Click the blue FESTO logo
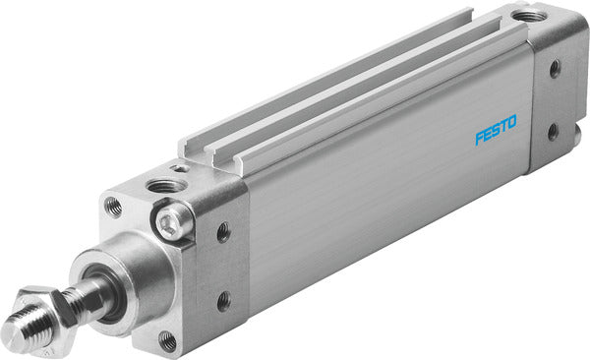click(x=501, y=131)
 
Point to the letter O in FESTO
click(x=521, y=124)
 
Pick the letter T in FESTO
click(x=510, y=127)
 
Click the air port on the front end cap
click(x=164, y=185)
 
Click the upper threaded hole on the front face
click(x=113, y=207)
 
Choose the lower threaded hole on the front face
click(x=167, y=340)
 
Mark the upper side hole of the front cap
click(x=223, y=232)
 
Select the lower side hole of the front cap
click(x=225, y=299)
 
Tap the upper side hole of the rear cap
click(x=555, y=69)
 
